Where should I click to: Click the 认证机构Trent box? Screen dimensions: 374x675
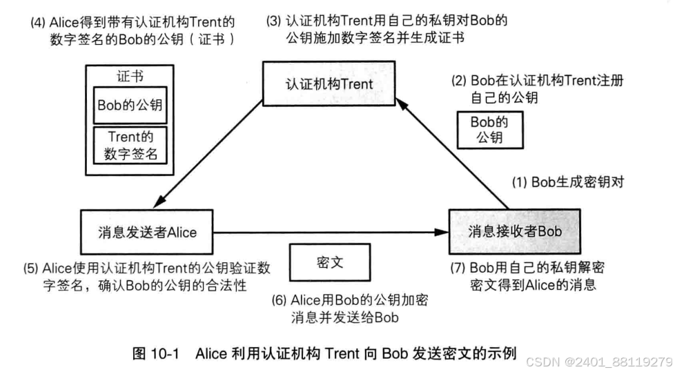pos(329,83)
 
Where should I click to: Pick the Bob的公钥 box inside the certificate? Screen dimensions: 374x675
pos(130,105)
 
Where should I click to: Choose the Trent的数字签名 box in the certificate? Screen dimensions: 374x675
pos(130,145)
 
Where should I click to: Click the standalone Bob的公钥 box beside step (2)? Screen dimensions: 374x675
pos(489,129)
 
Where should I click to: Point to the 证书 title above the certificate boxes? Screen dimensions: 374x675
pos(130,77)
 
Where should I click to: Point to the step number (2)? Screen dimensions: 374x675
pos(459,80)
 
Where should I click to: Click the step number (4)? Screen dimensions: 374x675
pos(38,21)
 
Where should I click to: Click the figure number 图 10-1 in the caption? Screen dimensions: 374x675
pos(156,354)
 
